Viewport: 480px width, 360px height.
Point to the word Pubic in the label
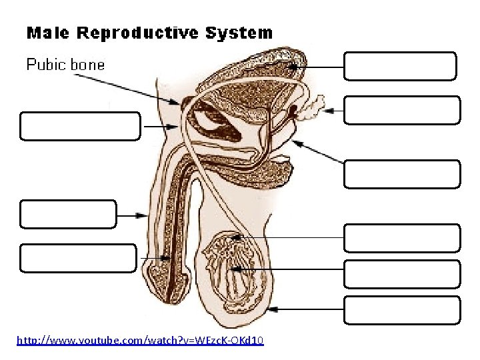(x=47, y=65)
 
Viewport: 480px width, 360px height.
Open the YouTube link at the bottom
(x=140, y=341)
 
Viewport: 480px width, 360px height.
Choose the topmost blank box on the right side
(x=400, y=66)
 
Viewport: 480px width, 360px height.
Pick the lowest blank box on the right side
(x=402, y=310)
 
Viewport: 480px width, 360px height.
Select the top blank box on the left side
(x=80, y=126)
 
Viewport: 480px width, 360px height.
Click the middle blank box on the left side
(x=68, y=214)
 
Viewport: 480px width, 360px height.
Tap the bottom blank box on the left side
(x=78, y=258)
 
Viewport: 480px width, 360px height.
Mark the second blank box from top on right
(x=402, y=110)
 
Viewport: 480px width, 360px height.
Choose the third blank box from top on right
(x=402, y=174)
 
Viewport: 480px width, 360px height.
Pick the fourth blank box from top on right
(x=402, y=238)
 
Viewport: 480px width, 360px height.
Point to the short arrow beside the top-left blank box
(x=160, y=126)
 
